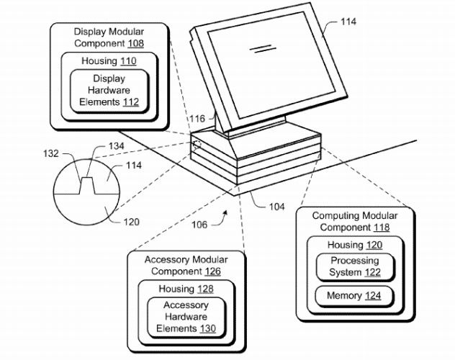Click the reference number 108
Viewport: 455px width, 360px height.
pos(136,43)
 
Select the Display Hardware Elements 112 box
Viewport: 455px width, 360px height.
pos(109,91)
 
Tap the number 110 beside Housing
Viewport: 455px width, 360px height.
pos(128,61)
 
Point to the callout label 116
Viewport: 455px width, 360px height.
pos(197,119)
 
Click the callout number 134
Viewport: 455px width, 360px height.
pos(117,146)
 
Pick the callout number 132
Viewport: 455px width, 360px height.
pos(51,153)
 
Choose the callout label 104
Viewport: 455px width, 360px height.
pos(277,207)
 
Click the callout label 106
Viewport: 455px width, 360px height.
pos(199,225)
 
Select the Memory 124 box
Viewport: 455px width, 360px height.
pos(354,296)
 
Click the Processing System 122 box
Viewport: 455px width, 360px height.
pos(355,267)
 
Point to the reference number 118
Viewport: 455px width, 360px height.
pos(382,228)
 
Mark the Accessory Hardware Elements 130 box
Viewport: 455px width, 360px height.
pos(186,317)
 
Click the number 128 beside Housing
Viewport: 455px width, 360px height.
pos(205,289)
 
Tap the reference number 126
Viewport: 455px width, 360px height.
pos(212,271)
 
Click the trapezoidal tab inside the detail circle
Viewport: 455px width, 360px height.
pos(87,185)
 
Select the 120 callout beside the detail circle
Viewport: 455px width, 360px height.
pos(132,222)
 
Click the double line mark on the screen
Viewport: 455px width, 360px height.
pos(263,48)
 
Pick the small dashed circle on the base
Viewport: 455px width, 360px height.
pos(197,144)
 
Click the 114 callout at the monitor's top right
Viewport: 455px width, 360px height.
pos(348,22)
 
